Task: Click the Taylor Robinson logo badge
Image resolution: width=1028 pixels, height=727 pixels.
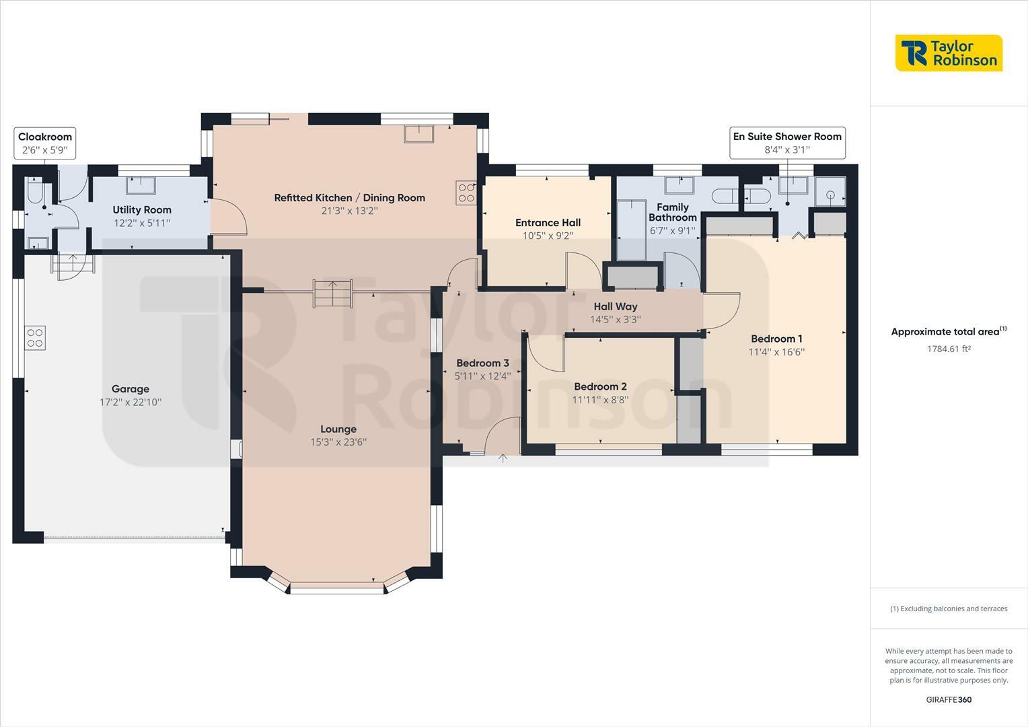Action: (949, 53)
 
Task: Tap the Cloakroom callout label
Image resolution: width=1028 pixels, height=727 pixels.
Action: (45, 143)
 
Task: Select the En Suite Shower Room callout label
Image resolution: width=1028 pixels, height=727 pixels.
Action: (787, 143)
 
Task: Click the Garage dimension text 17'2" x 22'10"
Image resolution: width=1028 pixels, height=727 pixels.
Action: (131, 403)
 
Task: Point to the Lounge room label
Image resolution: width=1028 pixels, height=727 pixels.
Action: (338, 429)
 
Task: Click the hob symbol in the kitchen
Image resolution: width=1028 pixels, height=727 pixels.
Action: (466, 193)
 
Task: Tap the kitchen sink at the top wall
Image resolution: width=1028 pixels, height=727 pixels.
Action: (418, 134)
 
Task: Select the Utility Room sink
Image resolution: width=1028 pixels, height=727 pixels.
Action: (141, 185)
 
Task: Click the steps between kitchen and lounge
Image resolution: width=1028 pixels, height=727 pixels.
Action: (333, 293)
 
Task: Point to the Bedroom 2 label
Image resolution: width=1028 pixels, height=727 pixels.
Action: (600, 386)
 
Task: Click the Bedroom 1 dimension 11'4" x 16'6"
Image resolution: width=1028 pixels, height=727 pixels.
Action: (776, 352)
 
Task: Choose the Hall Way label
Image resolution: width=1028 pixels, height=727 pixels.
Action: (616, 306)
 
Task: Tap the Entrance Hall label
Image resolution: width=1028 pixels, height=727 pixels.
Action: (548, 223)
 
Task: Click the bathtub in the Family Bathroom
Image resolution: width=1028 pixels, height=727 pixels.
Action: (632, 230)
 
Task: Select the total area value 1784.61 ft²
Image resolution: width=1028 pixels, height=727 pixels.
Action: (949, 349)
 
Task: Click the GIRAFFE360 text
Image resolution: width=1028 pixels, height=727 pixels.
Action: (949, 699)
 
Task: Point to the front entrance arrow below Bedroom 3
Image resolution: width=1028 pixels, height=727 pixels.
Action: (503, 458)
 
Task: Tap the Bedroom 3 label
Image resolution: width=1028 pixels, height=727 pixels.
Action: (482, 363)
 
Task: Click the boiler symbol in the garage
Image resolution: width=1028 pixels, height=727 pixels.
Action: (35, 338)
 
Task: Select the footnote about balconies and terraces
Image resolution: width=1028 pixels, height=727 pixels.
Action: (949, 609)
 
